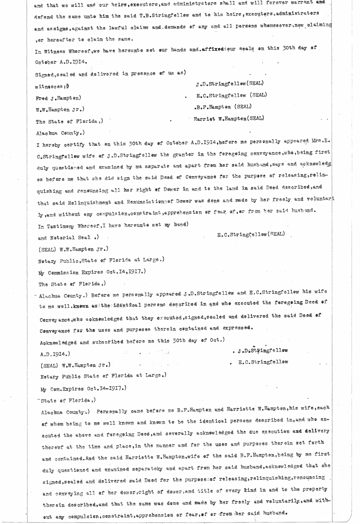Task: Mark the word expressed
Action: coord(237,328)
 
